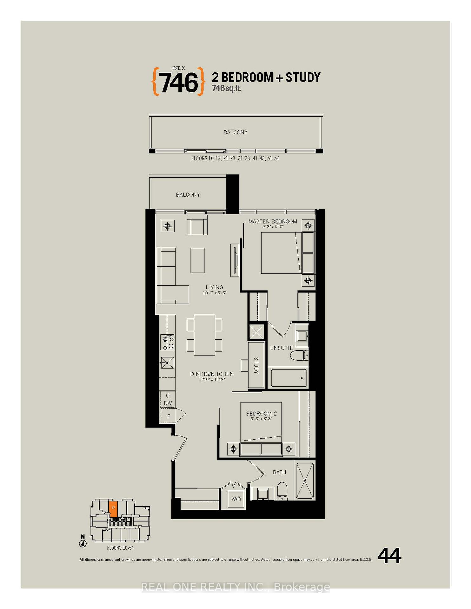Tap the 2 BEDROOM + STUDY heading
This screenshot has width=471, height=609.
click(266, 77)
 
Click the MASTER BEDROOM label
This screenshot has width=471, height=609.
click(273, 221)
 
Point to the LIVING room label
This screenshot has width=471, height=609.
click(215, 287)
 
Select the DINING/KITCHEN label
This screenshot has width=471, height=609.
click(212, 374)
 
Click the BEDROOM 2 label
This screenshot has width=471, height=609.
click(261, 414)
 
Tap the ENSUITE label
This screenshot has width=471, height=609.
click(282, 348)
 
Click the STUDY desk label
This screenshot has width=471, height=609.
click(256, 365)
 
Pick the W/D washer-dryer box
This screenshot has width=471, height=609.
click(236, 499)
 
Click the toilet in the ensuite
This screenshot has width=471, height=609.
click(300, 355)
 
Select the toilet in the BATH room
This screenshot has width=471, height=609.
click(282, 492)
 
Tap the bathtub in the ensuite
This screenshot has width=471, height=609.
click(289, 378)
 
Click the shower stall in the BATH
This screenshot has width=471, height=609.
click(305, 481)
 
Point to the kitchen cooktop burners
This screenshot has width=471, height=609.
click(167, 342)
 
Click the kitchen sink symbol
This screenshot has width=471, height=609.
click(167, 363)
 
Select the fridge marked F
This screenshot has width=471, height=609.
click(169, 416)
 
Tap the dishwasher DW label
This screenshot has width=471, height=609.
click(168, 403)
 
